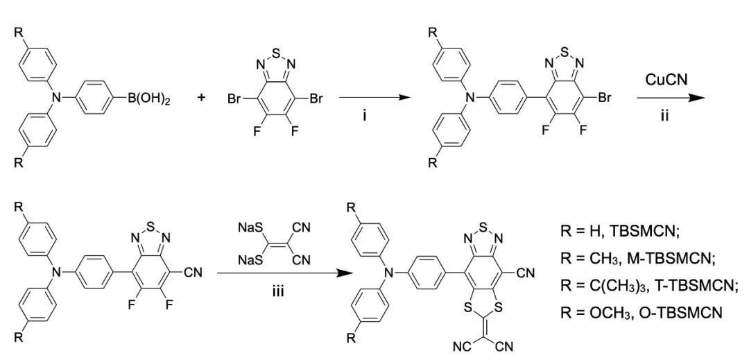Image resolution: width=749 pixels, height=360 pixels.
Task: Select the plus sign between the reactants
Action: click(x=202, y=98)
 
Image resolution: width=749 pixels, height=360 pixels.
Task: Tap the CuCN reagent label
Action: click(x=666, y=80)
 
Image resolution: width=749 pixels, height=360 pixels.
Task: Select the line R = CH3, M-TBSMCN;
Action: click(x=637, y=258)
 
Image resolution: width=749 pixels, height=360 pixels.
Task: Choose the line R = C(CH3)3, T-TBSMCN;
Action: click(x=648, y=285)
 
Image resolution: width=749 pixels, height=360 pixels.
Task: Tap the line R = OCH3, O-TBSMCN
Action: click(x=641, y=313)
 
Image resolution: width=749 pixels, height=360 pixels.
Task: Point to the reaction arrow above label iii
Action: click(x=280, y=273)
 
